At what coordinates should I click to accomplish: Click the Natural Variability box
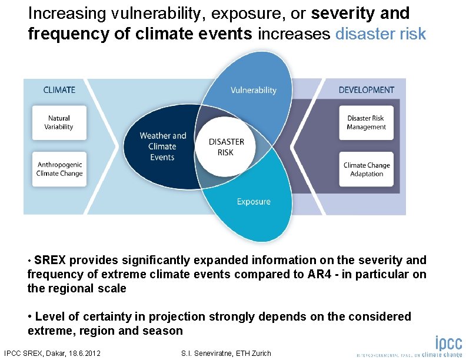(59, 122)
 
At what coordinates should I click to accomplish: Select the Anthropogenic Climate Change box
(59, 169)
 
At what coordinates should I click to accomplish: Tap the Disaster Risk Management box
(366, 122)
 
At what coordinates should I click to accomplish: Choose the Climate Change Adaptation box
(366, 169)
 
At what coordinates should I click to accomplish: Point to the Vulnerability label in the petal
(253, 90)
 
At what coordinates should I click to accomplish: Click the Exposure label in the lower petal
(254, 202)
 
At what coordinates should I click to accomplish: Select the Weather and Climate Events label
(162, 146)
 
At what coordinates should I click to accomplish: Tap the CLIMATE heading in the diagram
(59, 90)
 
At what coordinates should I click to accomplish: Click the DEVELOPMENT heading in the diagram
(366, 90)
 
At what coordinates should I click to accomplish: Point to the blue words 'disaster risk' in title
(380, 34)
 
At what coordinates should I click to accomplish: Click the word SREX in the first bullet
(50, 260)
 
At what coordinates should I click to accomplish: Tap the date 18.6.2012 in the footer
(82, 353)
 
